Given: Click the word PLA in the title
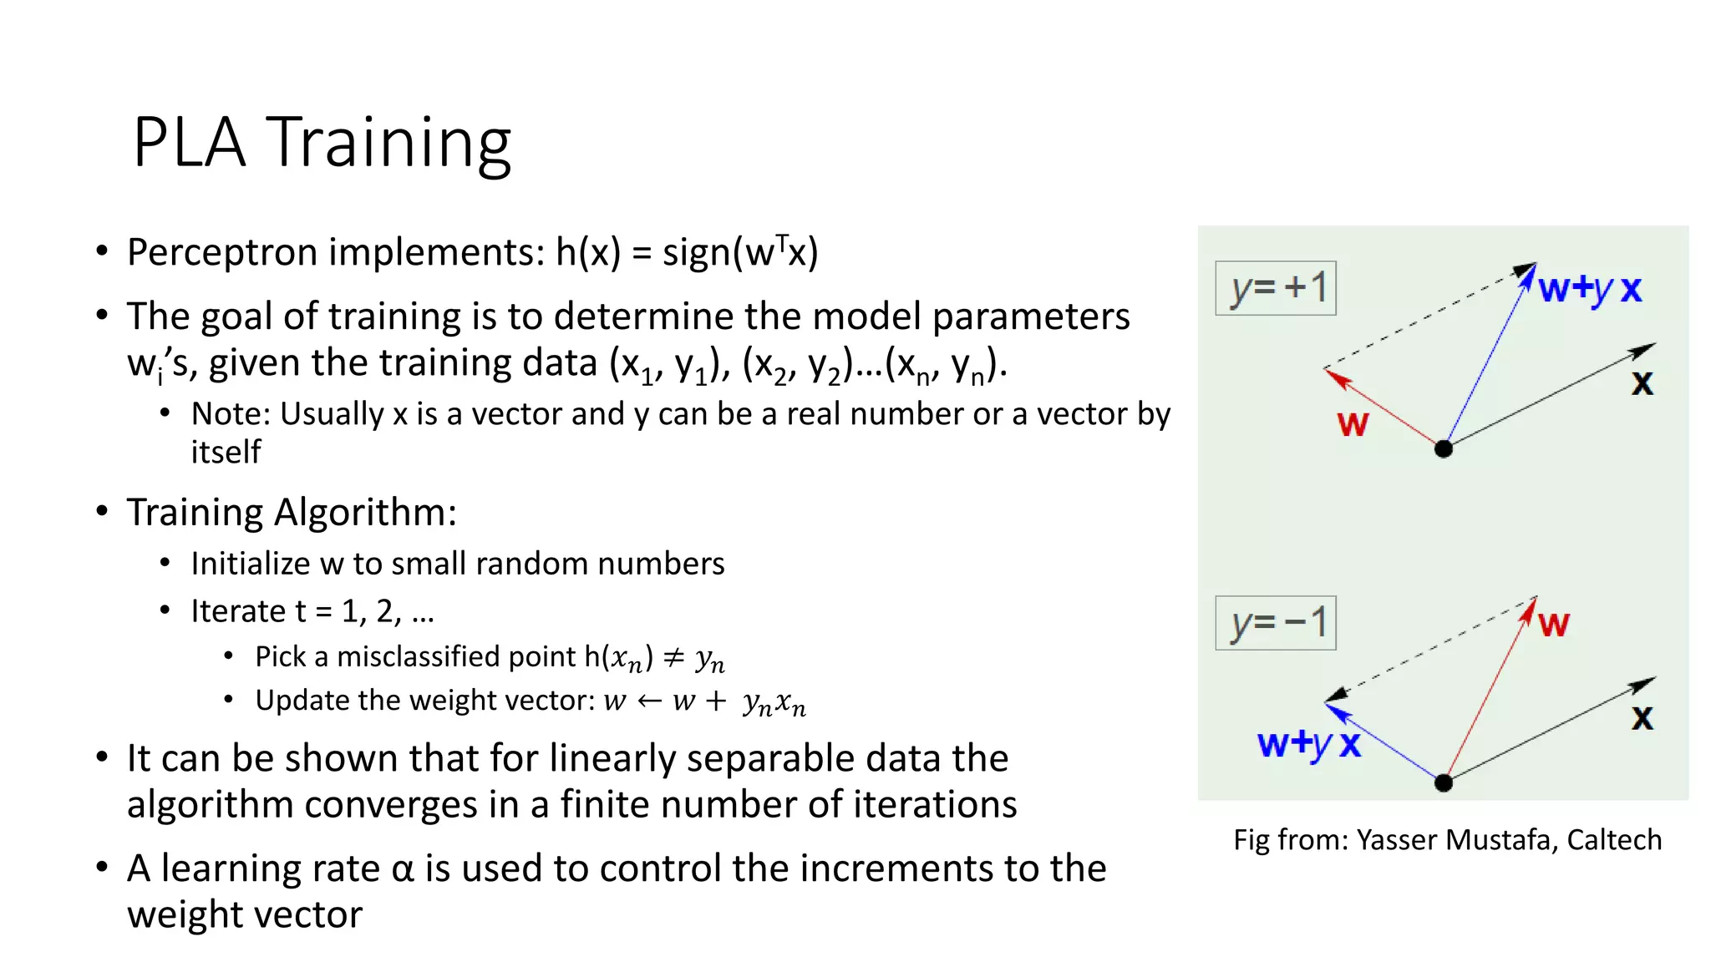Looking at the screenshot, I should [189, 144].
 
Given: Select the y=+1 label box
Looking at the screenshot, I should [1276, 289].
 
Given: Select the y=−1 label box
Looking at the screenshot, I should [1276, 623].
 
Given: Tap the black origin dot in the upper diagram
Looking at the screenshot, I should [1443, 449].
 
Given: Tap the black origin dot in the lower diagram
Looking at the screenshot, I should [1443, 783].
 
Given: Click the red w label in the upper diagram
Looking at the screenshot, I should [1353, 424].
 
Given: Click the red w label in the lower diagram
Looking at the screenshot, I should [1553, 625].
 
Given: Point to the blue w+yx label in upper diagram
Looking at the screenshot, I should [1590, 290].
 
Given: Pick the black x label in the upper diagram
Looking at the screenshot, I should [1642, 384].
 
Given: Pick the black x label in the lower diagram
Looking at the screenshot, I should [1642, 718].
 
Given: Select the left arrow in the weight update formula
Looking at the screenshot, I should [650, 701].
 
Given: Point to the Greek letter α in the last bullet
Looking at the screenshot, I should [403, 869].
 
